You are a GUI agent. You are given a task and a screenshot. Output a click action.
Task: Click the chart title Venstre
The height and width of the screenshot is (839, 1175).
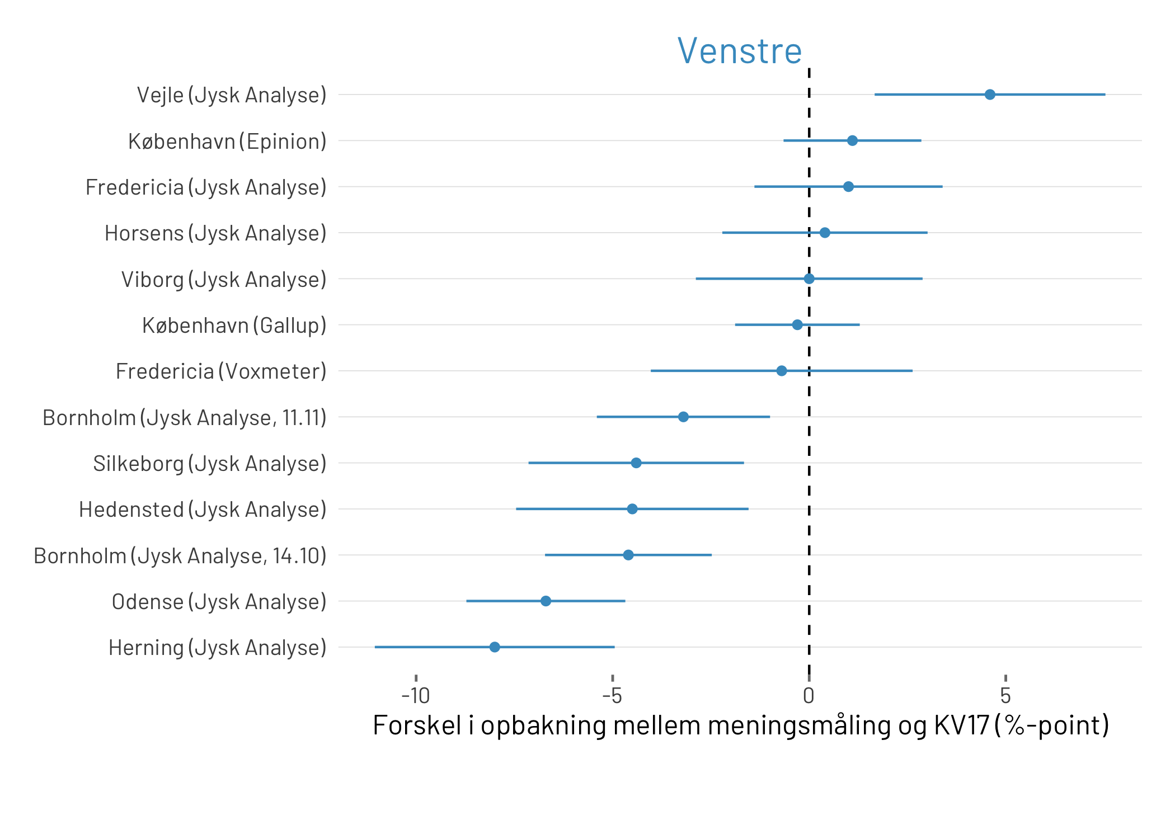coord(739,51)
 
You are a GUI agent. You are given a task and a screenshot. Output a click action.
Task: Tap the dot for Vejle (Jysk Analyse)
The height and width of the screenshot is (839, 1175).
coord(990,95)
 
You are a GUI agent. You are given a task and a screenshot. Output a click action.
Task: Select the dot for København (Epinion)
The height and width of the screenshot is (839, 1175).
coord(852,140)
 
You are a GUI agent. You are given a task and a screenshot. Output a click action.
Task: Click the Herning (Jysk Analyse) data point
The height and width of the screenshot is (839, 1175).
coord(495,647)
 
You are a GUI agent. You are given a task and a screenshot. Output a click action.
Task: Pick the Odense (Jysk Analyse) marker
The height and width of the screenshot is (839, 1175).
coord(546,601)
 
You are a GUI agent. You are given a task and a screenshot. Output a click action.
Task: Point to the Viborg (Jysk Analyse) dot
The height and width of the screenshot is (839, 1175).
coord(809,279)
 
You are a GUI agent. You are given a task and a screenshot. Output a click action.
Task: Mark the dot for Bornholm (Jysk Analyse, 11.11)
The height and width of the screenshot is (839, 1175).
coord(683,417)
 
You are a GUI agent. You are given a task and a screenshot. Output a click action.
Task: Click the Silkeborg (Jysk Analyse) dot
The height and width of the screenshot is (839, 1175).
coord(636,463)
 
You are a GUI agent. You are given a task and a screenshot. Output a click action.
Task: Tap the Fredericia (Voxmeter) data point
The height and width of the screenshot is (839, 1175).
coord(782,371)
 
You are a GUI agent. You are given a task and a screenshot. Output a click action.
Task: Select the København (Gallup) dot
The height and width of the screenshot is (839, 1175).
coord(797,324)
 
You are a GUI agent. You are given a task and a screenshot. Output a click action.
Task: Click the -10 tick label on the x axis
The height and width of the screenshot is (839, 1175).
coord(416,696)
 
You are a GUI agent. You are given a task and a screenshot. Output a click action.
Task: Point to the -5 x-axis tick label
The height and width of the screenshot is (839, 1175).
coord(612,696)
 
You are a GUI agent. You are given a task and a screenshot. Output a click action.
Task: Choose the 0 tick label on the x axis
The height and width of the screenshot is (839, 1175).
coord(809,696)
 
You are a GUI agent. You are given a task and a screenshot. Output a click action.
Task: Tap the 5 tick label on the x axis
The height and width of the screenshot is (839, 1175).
coord(1005,696)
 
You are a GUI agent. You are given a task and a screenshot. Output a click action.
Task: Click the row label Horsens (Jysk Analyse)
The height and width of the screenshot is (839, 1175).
coord(215,233)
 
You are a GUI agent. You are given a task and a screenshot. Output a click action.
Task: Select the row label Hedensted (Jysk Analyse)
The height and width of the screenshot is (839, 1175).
coord(203,510)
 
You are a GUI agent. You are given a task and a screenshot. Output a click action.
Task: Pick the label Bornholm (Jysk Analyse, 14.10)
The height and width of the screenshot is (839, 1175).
coord(180,556)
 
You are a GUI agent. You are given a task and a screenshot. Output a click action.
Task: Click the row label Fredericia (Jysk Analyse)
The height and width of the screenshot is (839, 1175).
coord(206,187)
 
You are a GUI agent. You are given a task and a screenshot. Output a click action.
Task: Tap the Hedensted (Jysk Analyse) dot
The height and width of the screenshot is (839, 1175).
coord(632,509)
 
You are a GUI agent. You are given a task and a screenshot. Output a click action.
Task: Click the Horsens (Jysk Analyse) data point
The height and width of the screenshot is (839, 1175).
coord(825,233)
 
